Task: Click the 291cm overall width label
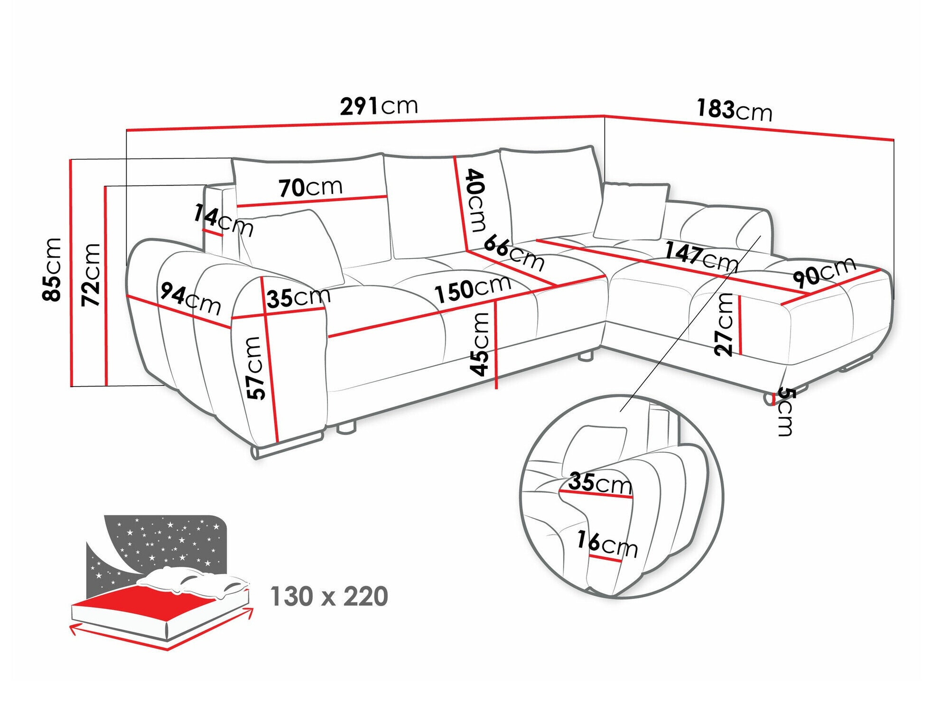(x=379, y=106)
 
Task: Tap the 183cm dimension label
(x=734, y=110)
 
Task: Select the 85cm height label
(x=52, y=269)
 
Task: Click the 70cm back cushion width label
(x=310, y=187)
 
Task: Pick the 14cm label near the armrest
(x=223, y=220)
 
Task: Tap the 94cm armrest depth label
(x=190, y=298)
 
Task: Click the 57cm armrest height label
(x=255, y=368)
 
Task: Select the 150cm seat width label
(x=473, y=289)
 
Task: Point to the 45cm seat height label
(x=480, y=344)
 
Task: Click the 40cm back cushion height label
(x=476, y=200)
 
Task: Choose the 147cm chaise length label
(x=701, y=256)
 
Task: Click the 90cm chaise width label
(x=824, y=272)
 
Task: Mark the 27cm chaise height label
(x=725, y=324)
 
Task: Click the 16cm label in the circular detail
(x=607, y=544)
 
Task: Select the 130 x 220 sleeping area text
(x=329, y=596)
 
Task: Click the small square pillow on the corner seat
(x=631, y=211)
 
